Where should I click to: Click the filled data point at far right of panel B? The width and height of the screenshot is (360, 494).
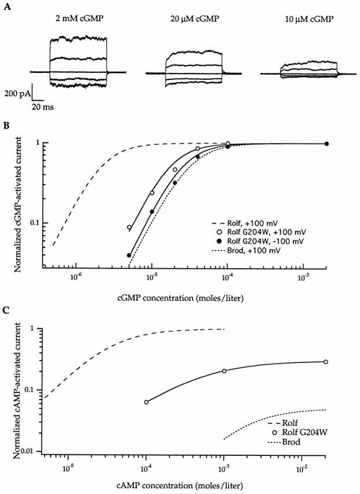point(326,144)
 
